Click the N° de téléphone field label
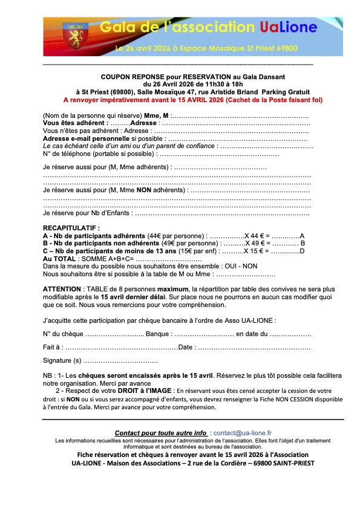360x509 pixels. (65, 154)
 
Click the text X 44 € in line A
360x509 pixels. (256, 236)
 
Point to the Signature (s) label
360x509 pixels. (62, 361)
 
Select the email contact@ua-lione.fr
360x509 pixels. (242, 433)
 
